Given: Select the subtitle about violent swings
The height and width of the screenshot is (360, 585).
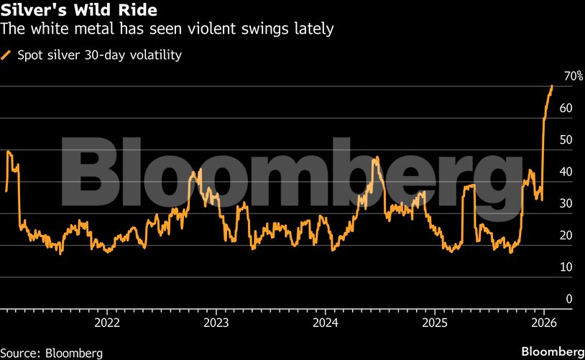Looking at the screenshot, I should click(167, 29).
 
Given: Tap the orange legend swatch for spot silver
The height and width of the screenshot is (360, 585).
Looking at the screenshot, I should click(6, 55).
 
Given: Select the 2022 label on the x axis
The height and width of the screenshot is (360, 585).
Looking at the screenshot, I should click(107, 322).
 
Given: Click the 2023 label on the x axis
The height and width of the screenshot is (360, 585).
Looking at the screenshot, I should click(216, 322).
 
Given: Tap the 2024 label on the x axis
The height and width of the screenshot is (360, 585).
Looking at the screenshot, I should click(326, 322).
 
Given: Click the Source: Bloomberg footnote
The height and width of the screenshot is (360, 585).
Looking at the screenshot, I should click(52, 353).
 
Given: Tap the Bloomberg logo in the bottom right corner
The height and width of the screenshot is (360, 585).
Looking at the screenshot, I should click(551, 351).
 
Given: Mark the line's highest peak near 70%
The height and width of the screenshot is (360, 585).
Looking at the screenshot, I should click(551, 86).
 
